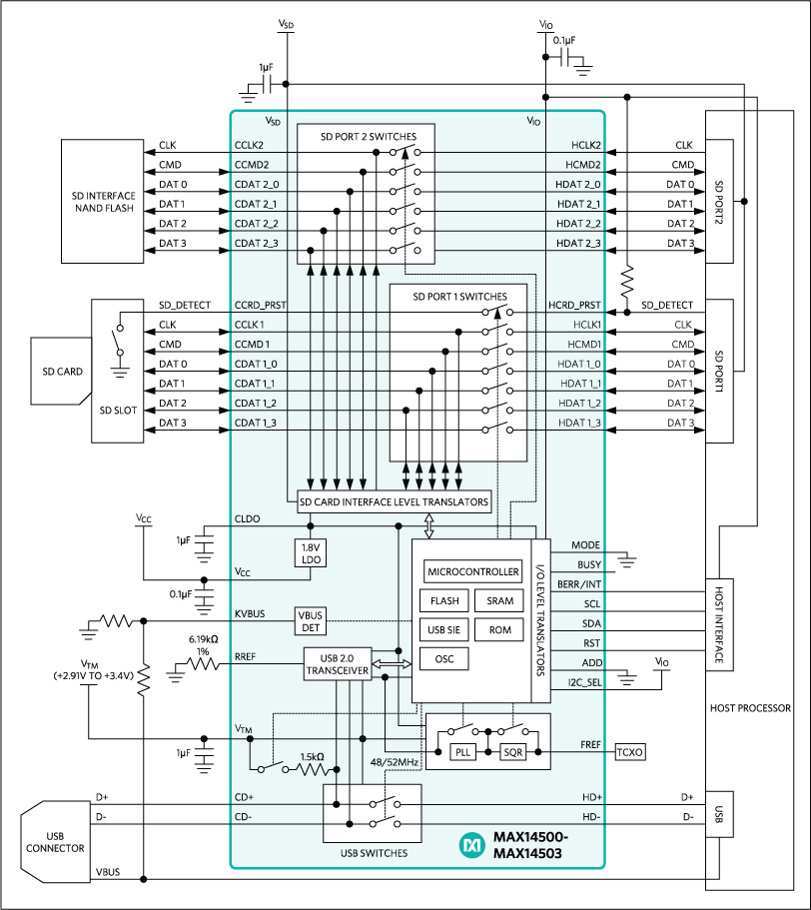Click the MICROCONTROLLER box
point(473,572)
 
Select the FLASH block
point(445,601)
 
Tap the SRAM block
point(499,601)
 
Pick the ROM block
point(499,630)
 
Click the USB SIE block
point(445,630)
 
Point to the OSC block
point(445,659)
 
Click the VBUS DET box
point(309,620)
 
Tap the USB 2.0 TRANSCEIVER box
point(337,664)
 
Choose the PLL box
point(462,752)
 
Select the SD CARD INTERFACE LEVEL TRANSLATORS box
point(395,501)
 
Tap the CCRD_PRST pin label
point(261,306)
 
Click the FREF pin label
point(589,745)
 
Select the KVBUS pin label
point(250,613)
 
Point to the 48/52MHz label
point(395,761)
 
